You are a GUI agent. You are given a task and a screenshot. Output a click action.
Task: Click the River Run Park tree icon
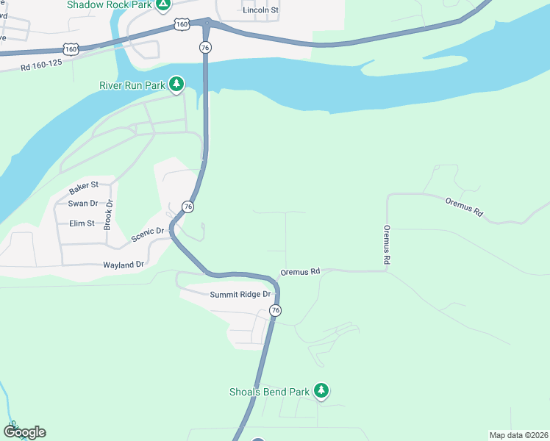tap(176, 85)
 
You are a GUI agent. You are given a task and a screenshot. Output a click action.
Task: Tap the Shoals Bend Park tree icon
tap(321, 391)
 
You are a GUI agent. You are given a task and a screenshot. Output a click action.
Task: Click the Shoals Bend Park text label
tap(269, 392)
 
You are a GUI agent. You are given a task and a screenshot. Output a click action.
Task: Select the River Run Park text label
tap(132, 85)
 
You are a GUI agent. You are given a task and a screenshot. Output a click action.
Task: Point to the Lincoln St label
tap(261, 10)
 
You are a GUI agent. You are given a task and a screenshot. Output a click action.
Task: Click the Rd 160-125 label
tap(41, 65)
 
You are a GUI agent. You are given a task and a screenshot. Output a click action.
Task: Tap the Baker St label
tap(84, 187)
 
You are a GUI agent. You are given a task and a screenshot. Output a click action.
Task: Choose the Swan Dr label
tap(82, 204)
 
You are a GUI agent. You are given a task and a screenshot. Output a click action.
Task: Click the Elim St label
tap(82, 223)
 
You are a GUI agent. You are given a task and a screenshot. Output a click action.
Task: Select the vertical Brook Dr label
tap(107, 215)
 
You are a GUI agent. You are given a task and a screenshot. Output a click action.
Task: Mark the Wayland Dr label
tap(124, 264)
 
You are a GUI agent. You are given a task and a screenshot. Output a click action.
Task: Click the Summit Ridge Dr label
tap(240, 295)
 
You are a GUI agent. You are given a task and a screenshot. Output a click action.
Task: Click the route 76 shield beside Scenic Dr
tap(188, 207)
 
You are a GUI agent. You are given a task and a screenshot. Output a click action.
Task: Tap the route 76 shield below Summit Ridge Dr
tap(275, 311)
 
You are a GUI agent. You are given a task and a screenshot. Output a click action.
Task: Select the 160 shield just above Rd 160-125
tap(71, 49)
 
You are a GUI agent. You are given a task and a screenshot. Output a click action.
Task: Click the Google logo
tap(24, 432)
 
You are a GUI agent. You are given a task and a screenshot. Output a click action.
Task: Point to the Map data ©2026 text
tap(519, 435)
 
